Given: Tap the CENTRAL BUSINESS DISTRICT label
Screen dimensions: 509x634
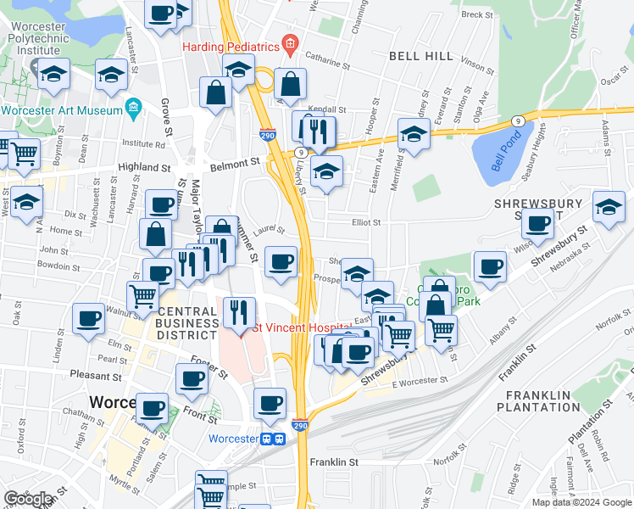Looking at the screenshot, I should pos(187,322).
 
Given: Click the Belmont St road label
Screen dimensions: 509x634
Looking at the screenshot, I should pos(234,161).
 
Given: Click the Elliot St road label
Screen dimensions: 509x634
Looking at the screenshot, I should pos(366,222).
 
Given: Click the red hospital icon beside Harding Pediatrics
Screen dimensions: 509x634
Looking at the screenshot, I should pos(290,43).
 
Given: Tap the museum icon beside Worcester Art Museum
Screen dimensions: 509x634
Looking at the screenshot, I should pos(132,109).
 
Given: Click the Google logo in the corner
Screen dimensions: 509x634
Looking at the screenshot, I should pos(28,499).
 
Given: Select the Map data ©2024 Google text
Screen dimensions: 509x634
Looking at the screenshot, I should pos(581,502).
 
